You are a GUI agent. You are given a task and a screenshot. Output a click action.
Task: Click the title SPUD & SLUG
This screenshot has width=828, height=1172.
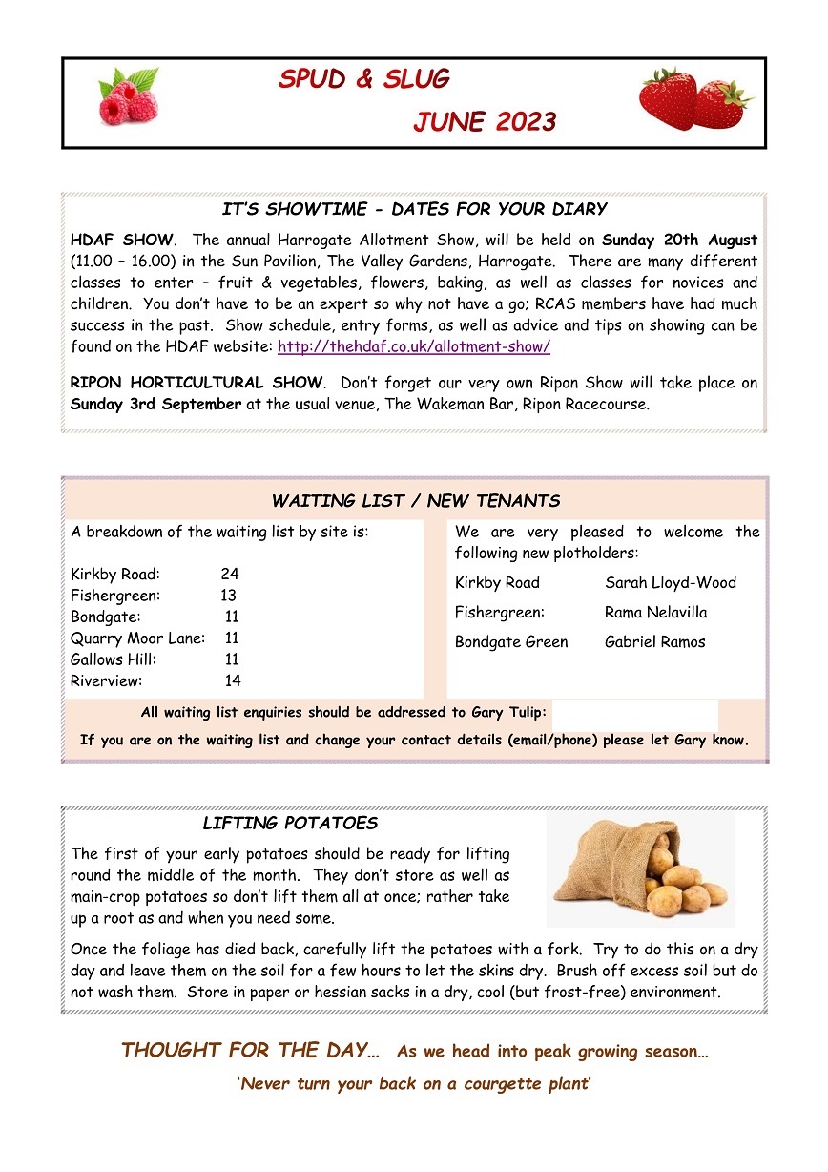[363, 79]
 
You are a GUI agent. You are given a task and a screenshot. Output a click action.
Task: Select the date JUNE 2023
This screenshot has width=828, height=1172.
[485, 122]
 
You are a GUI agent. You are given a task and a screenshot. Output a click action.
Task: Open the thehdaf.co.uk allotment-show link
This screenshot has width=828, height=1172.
[413, 346]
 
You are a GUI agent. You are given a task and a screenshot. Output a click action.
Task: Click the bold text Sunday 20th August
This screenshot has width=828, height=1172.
[679, 239]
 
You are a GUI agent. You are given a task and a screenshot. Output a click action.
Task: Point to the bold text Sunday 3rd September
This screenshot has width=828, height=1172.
[155, 403]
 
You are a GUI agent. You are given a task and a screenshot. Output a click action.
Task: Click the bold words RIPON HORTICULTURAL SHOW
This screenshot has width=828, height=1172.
[197, 382]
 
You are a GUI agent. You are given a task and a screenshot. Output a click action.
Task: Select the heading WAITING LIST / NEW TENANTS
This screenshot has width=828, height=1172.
[415, 501]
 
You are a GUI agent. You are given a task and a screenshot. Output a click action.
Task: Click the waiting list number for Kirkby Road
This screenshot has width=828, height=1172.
[230, 574]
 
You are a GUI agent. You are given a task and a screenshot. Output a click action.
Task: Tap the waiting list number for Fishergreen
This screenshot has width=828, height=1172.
[228, 596]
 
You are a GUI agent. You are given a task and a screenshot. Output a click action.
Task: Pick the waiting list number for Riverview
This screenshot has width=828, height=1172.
[233, 680]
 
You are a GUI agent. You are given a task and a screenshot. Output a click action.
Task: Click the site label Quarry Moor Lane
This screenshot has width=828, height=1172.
[137, 638]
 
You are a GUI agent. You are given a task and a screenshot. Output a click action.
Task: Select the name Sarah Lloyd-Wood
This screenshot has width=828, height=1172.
[670, 582]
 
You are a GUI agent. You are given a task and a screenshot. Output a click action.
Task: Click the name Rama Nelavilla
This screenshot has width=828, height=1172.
[655, 612]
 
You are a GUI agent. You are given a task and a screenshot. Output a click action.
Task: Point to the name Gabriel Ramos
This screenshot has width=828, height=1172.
[654, 641]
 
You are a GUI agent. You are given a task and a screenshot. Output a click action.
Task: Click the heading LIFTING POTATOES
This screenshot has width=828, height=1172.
[290, 823]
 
